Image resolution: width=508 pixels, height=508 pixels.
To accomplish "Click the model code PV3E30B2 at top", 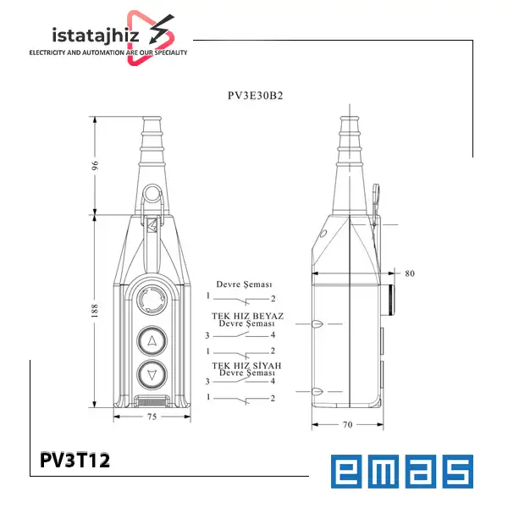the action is click(256, 96).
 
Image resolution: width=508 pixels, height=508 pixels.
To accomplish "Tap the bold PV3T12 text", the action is click(75, 460).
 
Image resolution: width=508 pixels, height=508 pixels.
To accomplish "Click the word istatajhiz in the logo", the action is click(96, 36).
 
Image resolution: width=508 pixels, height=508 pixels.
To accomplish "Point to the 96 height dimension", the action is click(95, 165).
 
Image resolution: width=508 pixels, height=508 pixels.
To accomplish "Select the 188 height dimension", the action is click(95, 311).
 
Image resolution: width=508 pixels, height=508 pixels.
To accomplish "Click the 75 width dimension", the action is click(152, 417).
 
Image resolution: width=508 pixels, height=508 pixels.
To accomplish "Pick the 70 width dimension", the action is click(348, 424).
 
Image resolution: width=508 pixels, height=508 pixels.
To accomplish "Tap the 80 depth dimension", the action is click(410, 273).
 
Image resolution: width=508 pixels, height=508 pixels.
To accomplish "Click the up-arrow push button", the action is click(152, 341).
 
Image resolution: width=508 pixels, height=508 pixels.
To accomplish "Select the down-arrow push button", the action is click(152, 375).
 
